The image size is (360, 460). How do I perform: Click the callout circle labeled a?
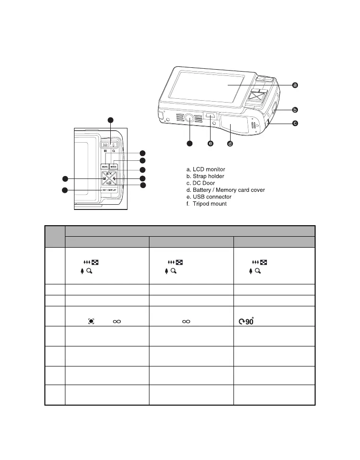point(295,85)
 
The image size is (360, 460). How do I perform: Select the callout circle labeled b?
point(295,109)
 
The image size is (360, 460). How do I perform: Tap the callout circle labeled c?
point(295,123)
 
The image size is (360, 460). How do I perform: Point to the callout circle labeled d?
point(230,144)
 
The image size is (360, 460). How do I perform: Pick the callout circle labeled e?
point(211,143)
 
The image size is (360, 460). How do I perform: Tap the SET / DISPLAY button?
point(109,189)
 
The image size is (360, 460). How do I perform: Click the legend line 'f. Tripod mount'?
point(206,204)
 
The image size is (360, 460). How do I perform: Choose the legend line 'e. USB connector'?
point(209,197)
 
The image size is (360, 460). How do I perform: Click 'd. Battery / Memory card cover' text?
point(225,190)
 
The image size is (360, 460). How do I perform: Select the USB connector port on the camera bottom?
point(210,115)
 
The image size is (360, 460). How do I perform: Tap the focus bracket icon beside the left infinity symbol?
point(90,322)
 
